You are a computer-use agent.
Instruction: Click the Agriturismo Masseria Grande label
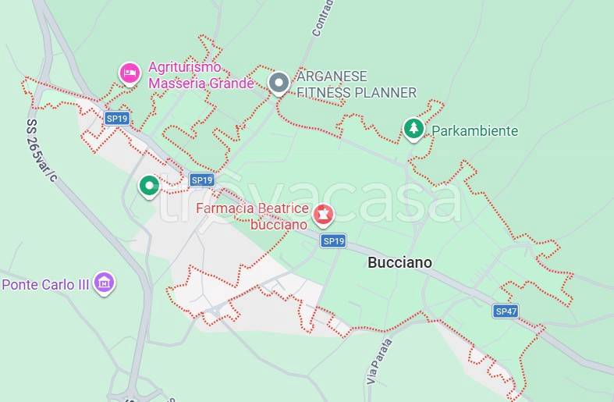pyautogui.click(x=201, y=75)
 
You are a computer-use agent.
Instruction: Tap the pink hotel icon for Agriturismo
pyautogui.click(x=130, y=73)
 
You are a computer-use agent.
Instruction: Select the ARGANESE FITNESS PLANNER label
pyautogui.click(x=356, y=84)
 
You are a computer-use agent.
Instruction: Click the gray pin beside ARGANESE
pyautogui.click(x=279, y=83)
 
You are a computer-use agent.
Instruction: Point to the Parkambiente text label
pyautogui.click(x=474, y=131)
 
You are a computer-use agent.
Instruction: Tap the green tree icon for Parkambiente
pyautogui.click(x=413, y=129)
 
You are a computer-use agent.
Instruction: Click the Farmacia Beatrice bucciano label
pyautogui.click(x=252, y=216)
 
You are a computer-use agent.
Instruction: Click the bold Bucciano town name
pyautogui.click(x=399, y=263)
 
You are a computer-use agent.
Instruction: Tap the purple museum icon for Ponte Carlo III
pyautogui.click(x=104, y=283)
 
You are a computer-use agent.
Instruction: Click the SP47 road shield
pyautogui.click(x=506, y=311)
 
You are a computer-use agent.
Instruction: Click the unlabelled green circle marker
pyautogui.click(x=149, y=186)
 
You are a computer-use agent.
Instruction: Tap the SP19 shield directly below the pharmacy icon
pyautogui.click(x=333, y=241)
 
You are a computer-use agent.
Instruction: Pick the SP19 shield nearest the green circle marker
pyautogui.click(x=201, y=180)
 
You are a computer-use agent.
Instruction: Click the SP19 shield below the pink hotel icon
pyautogui.click(x=117, y=119)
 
